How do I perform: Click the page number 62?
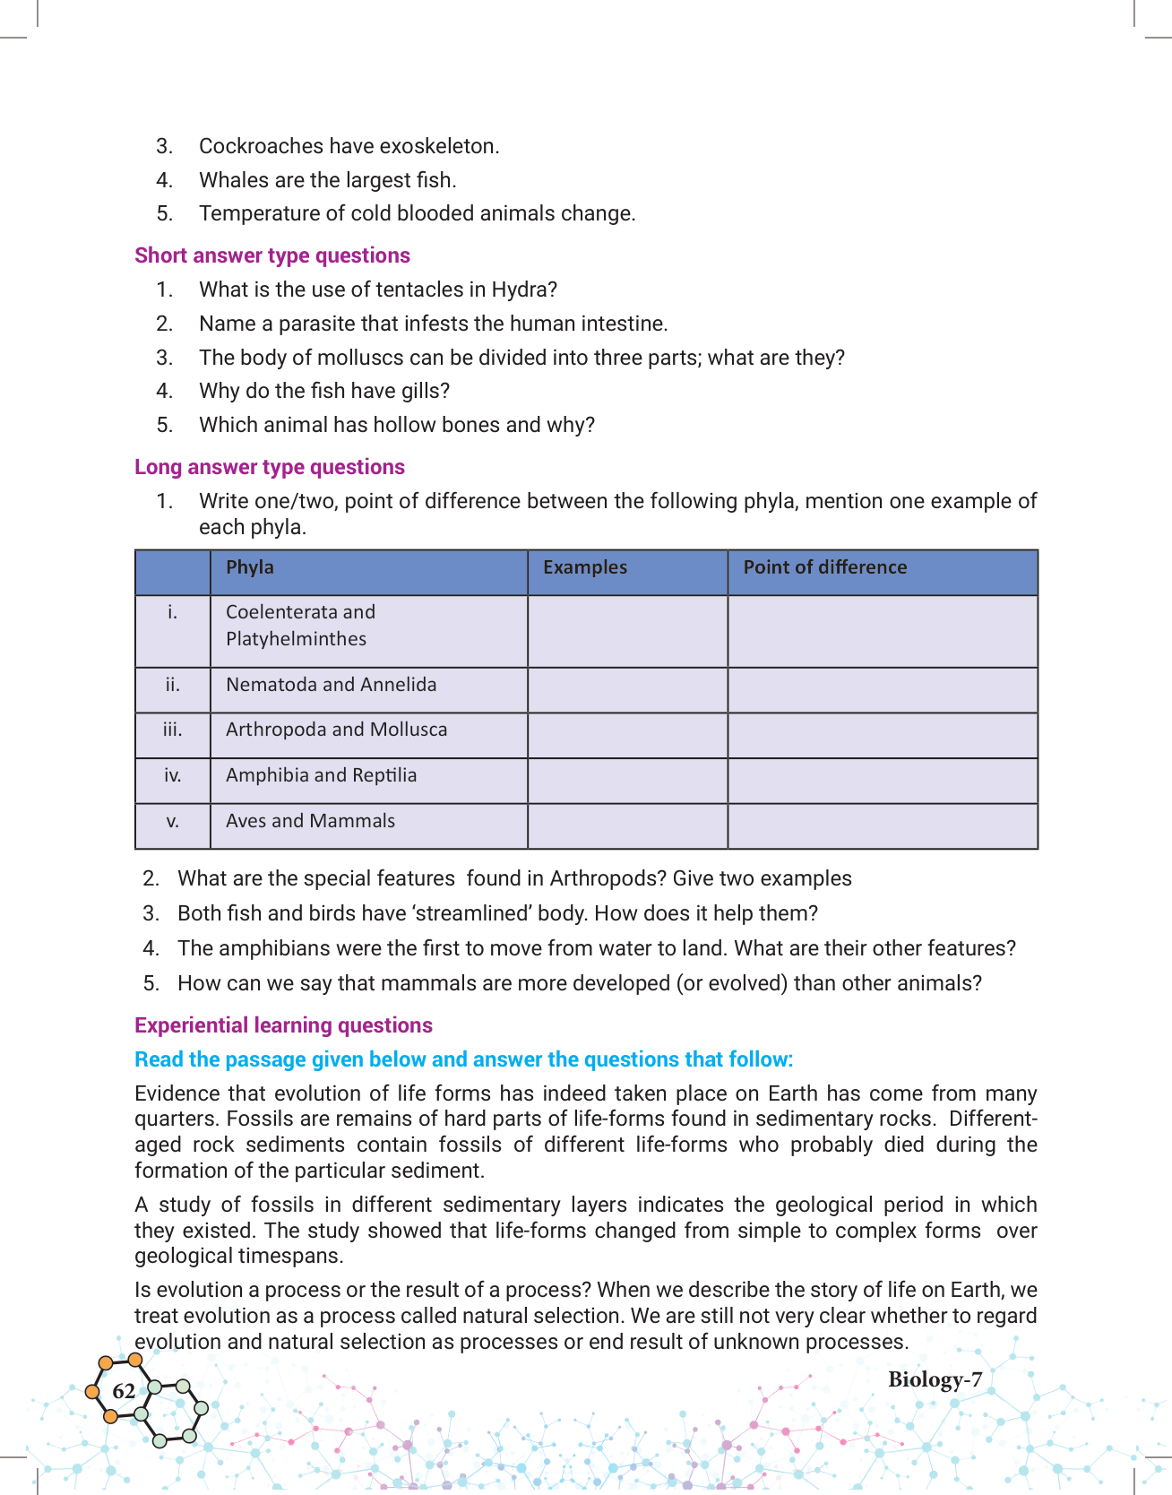124,1391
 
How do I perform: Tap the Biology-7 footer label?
935,1379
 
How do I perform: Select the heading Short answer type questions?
272,255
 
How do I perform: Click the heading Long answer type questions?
270,467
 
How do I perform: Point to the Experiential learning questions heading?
283,1025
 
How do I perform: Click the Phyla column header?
250,567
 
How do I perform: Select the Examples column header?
585,567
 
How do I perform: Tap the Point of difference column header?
825,567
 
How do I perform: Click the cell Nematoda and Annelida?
332,685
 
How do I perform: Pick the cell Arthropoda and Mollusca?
337,730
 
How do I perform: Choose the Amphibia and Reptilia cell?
322,775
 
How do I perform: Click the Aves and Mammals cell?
310,821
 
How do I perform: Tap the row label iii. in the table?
173,730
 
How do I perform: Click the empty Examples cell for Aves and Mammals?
627,825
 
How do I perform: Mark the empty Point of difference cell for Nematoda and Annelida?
883,690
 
